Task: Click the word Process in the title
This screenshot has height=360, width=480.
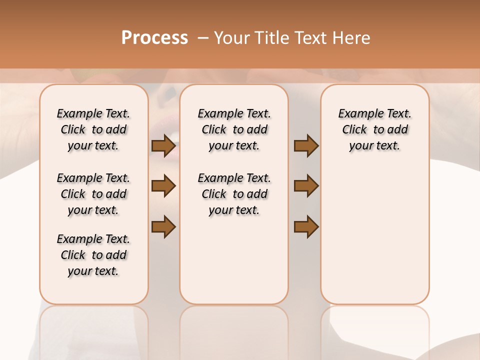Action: tap(154, 37)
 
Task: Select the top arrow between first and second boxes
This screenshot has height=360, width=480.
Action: tap(163, 146)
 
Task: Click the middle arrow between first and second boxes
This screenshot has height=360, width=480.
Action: tap(163, 186)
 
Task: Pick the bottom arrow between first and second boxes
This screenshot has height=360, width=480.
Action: tap(163, 226)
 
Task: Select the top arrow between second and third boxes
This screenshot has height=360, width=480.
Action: tap(306, 146)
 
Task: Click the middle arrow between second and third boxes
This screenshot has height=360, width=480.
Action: tap(306, 186)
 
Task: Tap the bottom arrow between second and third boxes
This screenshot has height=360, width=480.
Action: tap(306, 226)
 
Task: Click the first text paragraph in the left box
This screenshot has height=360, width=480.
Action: tap(93, 129)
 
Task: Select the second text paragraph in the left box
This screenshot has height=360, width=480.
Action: tap(93, 194)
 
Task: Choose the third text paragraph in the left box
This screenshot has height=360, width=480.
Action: tap(93, 255)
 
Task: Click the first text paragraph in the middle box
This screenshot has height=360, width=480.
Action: tap(234, 129)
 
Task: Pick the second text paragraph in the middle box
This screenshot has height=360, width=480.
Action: tap(234, 194)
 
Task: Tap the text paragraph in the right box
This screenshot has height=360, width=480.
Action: tap(374, 129)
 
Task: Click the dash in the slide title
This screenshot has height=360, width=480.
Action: tap(203, 37)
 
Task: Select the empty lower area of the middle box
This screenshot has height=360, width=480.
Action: tap(234, 260)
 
